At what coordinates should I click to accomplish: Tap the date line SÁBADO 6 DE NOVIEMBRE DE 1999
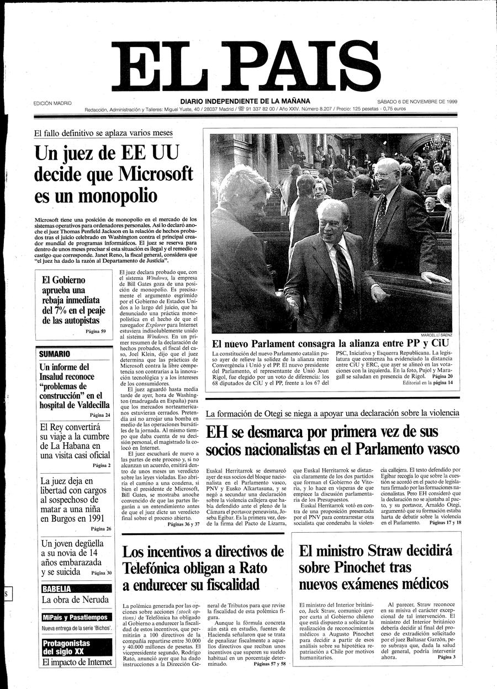[421, 102]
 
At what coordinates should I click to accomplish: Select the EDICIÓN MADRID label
[52, 103]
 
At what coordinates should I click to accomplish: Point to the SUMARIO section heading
[55, 354]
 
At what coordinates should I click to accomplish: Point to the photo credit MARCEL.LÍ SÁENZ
[436, 335]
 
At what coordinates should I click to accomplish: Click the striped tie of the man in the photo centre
[343, 271]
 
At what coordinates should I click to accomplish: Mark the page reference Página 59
[96, 331]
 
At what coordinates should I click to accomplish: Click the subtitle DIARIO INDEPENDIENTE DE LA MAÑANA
[245, 101]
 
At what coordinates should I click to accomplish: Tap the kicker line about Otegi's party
[332, 413]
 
